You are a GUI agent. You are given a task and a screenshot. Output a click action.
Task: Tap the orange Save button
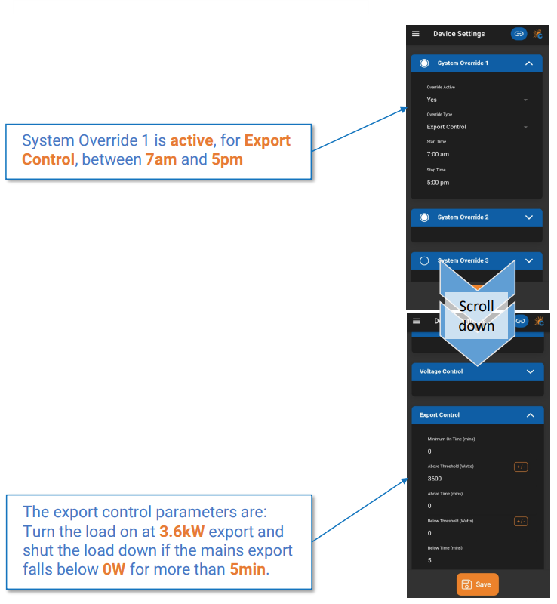click(477, 584)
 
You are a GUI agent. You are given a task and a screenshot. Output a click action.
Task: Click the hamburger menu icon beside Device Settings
click(416, 34)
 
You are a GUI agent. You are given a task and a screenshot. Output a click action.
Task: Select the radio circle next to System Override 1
click(424, 63)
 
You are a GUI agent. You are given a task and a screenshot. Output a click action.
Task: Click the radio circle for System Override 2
click(424, 217)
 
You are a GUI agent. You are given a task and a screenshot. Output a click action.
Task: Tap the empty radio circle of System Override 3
click(424, 260)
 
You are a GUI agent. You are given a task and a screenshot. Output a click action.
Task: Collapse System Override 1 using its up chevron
click(529, 63)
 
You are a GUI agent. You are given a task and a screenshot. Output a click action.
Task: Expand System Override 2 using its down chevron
click(529, 217)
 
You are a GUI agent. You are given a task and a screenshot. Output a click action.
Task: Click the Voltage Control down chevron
click(530, 371)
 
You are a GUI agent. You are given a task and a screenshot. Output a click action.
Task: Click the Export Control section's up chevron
click(530, 415)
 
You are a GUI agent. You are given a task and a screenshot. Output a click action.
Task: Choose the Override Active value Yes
click(432, 100)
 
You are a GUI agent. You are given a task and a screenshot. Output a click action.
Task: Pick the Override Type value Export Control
click(446, 127)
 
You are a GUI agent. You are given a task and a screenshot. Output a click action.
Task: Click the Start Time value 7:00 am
click(438, 154)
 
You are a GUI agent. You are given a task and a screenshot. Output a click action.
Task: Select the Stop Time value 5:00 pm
click(438, 183)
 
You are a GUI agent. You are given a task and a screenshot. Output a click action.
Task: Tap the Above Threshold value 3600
click(435, 479)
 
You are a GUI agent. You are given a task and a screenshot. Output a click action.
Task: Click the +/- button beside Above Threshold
click(521, 467)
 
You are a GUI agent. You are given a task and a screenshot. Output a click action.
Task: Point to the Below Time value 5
click(429, 560)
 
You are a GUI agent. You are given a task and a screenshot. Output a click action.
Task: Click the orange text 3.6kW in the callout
click(182, 532)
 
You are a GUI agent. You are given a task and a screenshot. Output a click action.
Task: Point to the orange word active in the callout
click(192, 140)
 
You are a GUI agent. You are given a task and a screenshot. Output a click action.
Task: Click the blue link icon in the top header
click(519, 34)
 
